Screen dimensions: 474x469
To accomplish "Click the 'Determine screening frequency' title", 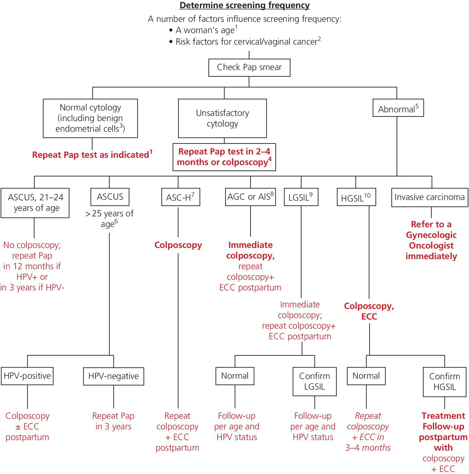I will (x=245, y=5).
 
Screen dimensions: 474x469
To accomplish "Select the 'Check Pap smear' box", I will (x=249, y=67).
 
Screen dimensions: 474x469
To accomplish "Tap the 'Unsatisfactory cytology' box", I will (x=222, y=118).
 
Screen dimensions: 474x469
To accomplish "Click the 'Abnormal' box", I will (x=398, y=108).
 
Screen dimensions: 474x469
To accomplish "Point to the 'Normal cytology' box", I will (x=90, y=118).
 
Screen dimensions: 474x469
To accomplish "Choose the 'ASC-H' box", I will (x=181, y=197).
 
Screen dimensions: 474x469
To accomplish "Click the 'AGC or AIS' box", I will (x=250, y=197).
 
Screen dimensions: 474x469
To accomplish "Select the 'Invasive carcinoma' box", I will (x=429, y=197).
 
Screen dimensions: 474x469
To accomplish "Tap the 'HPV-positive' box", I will (x=27, y=376).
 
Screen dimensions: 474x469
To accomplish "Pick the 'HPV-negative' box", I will (x=113, y=376).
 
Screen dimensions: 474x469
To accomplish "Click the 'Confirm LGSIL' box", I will (x=314, y=381).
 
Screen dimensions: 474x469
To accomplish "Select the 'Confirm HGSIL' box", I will (x=444, y=382).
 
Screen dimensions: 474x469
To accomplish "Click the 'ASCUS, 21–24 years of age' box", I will (x=35, y=203).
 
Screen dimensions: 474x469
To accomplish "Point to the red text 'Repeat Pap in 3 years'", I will (x=113, y=421).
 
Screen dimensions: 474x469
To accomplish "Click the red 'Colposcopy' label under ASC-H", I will (x=178, y=245).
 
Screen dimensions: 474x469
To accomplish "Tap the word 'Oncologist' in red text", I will (x=431, y=245).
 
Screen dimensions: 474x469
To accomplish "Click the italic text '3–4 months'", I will (x=368, y=448).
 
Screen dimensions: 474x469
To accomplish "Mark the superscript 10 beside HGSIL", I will (x=367, y=196).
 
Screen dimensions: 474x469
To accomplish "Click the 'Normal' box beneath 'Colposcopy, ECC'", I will (x=366, y=376).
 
